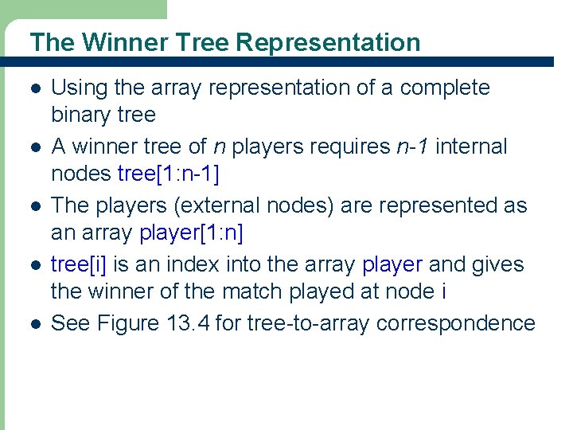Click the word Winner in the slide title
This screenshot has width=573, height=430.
[x=118, y=42]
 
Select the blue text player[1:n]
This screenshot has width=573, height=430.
[x=191, y=233]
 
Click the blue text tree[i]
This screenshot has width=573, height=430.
[x=77, y=264]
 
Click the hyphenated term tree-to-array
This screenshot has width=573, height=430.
[x=309, y=323]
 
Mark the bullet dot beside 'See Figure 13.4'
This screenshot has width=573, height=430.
[x=33, y=324]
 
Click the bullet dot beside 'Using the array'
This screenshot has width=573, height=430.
[x=33, y=88]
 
